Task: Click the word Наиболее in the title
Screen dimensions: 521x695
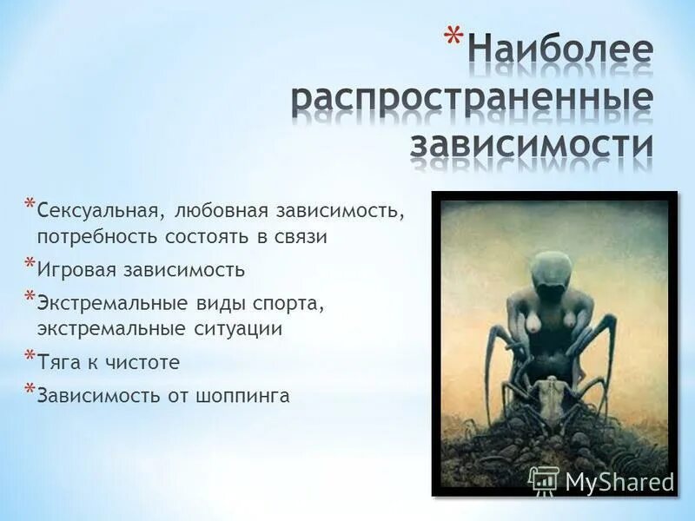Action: click(x=560, y=50)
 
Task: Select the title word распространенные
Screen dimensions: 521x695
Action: click(x=472, y=97)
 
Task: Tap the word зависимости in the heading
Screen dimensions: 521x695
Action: click(x=532, y=143)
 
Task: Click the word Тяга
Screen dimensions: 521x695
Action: click(x=57, y=362)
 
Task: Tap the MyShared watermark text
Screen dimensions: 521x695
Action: click(x=619, y=481)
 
